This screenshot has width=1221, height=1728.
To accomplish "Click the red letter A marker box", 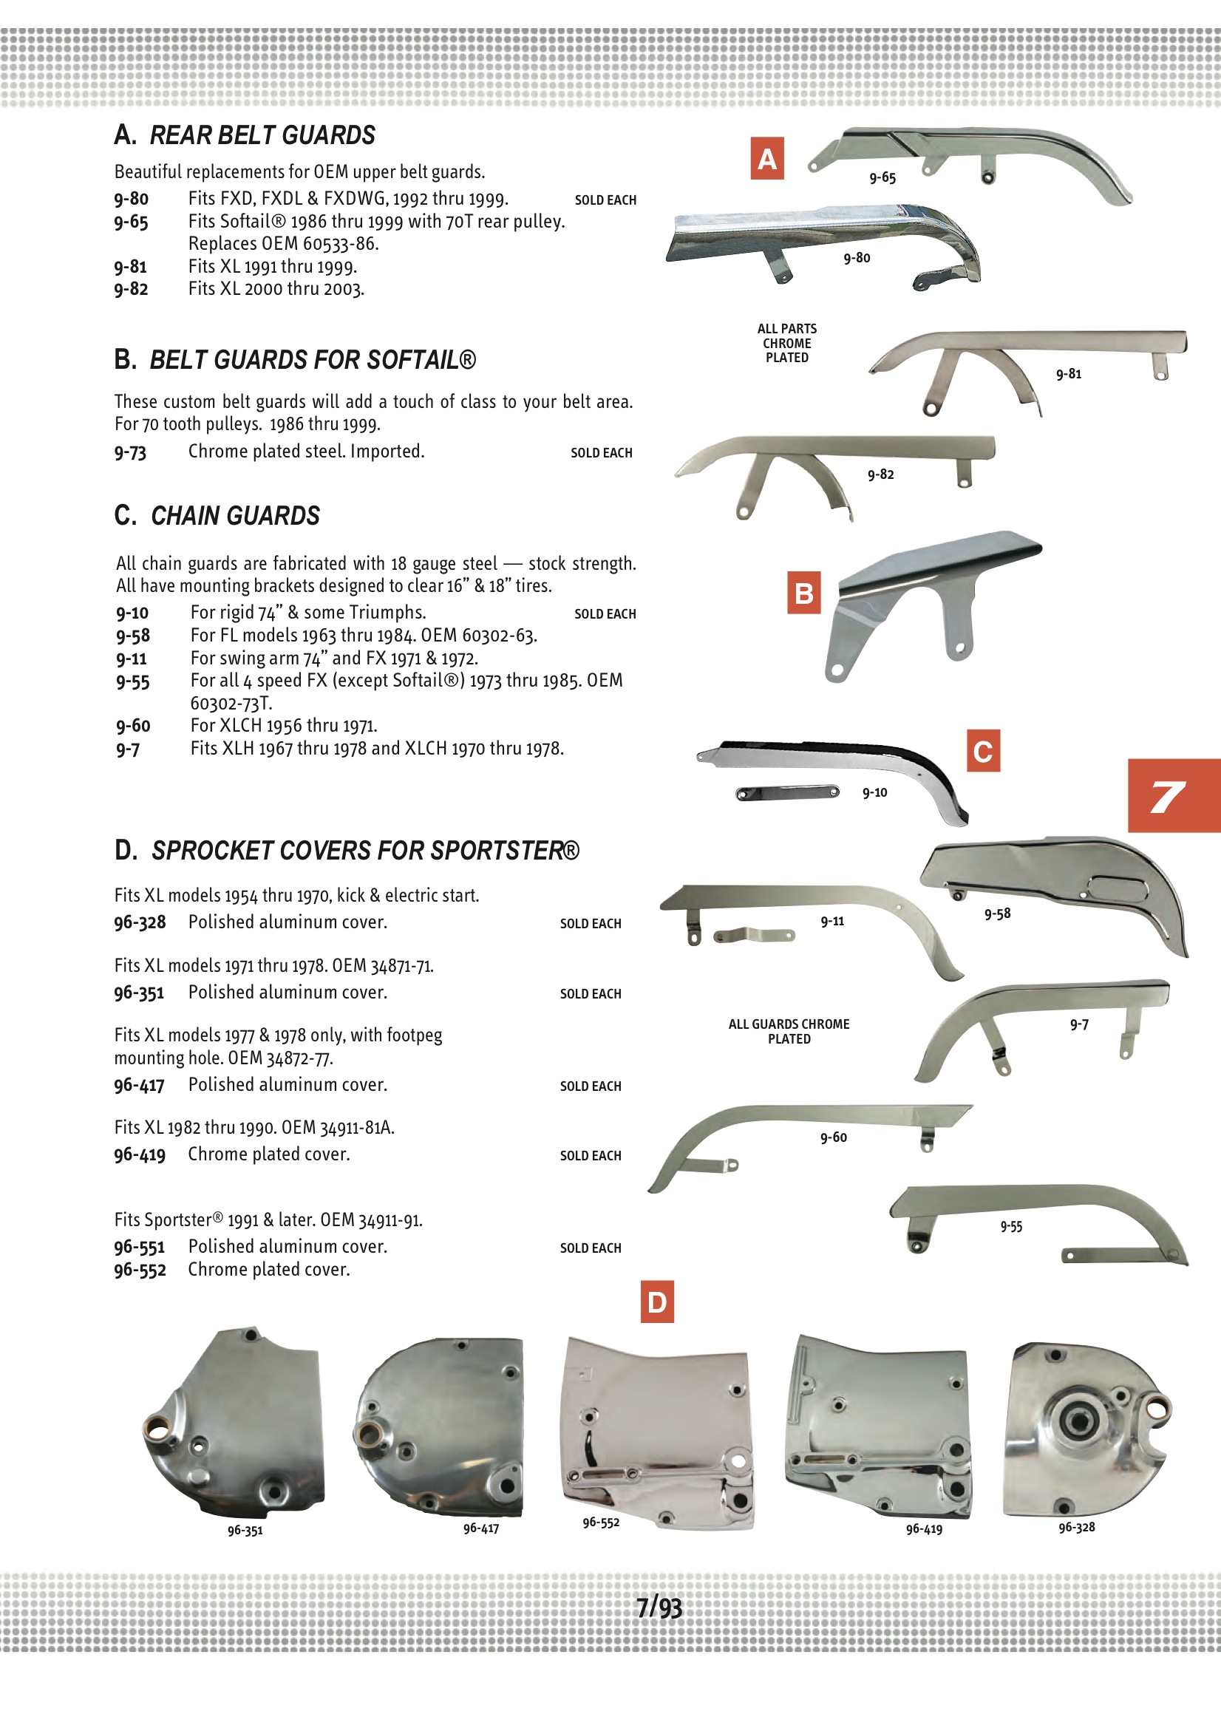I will click(x=767, y=158).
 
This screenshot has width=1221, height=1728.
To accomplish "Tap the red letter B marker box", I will click(x=803, y=593).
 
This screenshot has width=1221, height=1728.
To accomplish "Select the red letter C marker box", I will click(x=983, y=750).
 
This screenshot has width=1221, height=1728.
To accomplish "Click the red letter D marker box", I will click(x=656, y=1302).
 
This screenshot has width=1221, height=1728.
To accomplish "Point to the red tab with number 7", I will click(x=1173, y=795).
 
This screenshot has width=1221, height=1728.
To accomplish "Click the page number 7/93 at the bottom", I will click(x=659, y=1607).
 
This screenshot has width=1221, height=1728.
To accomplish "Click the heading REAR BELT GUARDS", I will click(x=262, y=135).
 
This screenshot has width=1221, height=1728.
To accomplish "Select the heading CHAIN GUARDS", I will click(x=235, y=516).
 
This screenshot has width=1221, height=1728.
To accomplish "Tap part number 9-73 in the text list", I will click(x=130, y=452).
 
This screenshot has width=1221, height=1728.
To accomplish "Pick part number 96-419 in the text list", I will click(x=139, y=1154).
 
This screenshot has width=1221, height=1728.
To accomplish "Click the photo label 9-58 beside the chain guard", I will click(x=998, y=914).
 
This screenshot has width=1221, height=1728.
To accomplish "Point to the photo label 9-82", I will click(x=880, y=474).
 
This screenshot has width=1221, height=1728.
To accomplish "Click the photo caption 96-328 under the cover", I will click(x=1076, y=1526).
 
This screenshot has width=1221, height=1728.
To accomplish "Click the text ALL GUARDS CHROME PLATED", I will click(x=788, y=1031).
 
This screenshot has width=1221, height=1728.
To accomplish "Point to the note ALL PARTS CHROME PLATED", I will click(x=786, y=343).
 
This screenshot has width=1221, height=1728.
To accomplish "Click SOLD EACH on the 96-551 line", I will click(x=591, y=1248).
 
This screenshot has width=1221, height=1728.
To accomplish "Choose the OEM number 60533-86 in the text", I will click(x=340, y=244).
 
